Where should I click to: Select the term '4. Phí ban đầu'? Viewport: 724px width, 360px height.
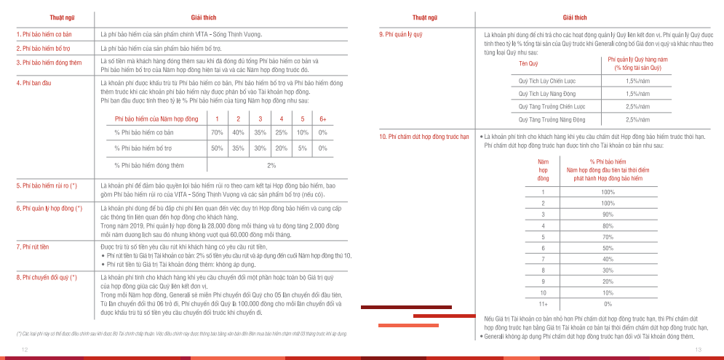pos(33,84)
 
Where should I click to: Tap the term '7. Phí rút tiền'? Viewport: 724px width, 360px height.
pos(33,247)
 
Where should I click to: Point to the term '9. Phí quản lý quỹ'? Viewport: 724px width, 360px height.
pos(401,34)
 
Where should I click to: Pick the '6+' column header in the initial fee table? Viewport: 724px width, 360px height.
pos(323,119)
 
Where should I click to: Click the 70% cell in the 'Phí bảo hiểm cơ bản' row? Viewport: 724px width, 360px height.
pos(217,132)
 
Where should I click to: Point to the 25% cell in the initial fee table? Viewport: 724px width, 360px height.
pos(281,132)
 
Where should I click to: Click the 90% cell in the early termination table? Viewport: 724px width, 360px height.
pos(608,215)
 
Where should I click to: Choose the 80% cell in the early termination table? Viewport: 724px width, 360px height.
pos(608,225)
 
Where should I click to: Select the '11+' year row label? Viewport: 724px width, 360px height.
pos(543,303)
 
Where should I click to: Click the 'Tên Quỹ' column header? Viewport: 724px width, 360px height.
pos(528,64)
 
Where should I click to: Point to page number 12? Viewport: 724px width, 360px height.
pos(25,350)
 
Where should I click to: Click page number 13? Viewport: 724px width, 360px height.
pos(698,350)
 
